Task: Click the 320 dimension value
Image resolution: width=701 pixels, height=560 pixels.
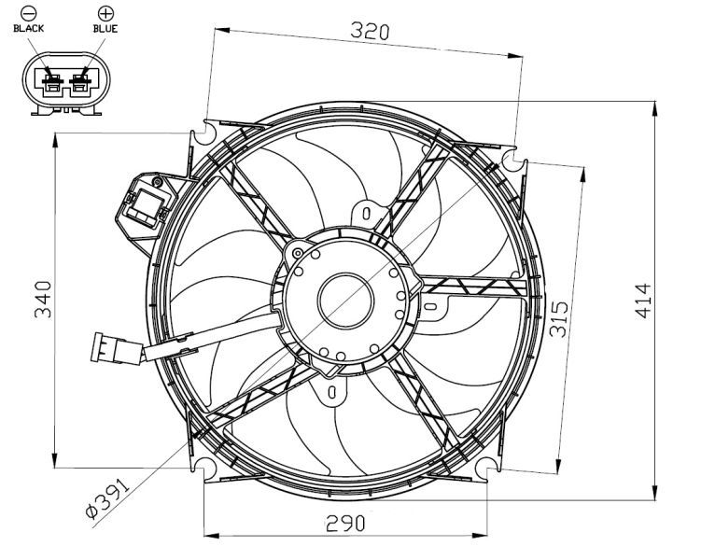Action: [x=370, y=32]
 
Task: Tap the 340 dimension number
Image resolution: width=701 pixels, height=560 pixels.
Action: [x=43, y=300]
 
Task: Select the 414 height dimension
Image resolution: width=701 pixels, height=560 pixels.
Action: [x=643, y=301]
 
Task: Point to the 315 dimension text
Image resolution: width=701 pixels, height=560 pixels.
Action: [x=559, y=318]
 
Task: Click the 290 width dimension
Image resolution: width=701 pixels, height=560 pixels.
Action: [x=345, y=524]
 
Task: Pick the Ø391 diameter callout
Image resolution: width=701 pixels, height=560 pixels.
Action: [x=107, y=497]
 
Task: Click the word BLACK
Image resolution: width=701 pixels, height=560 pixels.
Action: [x=29, y=29]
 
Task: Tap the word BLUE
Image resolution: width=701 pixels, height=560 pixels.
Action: [x=105, y=29]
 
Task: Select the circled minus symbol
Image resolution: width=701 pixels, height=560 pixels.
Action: [x=29, y=13]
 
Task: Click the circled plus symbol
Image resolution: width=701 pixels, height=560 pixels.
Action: [x=105, y=13]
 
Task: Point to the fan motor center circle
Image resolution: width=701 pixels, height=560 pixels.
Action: [x=345, y=301]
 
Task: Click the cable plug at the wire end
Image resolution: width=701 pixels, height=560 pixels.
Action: [x=117, y=348]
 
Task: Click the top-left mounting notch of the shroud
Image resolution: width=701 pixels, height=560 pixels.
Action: [x=204, y=133]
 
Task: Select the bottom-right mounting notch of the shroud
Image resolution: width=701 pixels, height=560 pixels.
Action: [x=487, y=469]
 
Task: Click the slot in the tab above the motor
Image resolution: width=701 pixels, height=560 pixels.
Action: [x=366, y=213]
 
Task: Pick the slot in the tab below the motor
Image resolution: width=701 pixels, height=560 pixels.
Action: [x=331, y=392]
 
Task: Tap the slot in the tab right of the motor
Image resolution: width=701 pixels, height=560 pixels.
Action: [x=430, y=306]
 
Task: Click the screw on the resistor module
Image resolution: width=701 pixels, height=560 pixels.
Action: [x=157, y=182]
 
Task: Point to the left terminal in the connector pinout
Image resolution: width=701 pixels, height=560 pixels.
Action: [x=53, y=82]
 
